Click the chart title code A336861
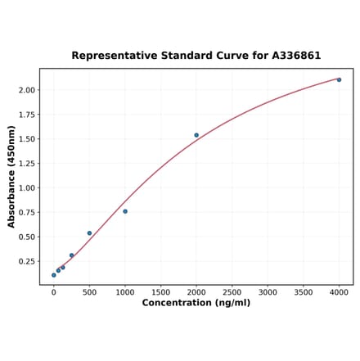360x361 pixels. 292,56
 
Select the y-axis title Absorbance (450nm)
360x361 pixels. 11,177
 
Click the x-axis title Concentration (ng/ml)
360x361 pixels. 196,303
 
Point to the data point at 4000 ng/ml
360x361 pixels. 339,79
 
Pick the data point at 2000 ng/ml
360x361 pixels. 196,135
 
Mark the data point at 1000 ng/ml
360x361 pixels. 125,211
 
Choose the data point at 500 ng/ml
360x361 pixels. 89,233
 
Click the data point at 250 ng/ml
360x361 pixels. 72,255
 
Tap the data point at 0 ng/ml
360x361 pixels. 54,275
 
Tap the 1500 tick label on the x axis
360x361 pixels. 160,291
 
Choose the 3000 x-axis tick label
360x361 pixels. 268,291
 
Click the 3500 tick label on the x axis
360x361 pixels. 304,291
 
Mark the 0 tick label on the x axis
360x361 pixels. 54,291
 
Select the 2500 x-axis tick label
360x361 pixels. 232,291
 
